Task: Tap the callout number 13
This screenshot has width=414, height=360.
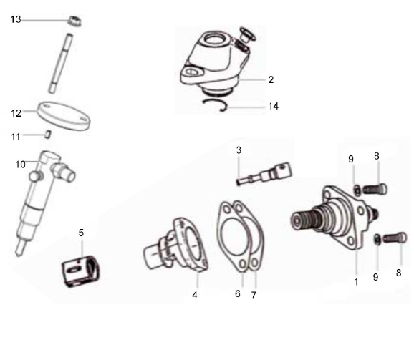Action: (x=16, y=20)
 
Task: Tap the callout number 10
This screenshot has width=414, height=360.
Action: (x=21, y=164)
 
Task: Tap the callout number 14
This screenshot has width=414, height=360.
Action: (x=273, y=106)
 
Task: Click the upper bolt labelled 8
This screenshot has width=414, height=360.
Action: (x=375, y=189)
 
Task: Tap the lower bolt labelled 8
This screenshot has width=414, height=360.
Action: (x=393, y=238)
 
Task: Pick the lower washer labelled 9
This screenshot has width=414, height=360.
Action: (x=377, y=240)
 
